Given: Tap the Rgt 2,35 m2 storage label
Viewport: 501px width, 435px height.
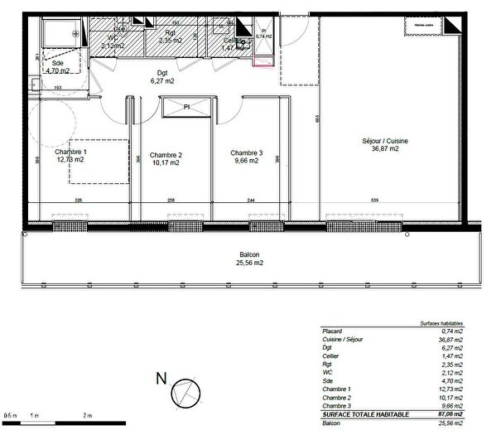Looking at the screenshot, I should pyautogui.click(x=170, y=36).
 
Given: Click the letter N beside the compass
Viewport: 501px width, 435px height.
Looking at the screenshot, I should pyautogui.click(x=161, y=380).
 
